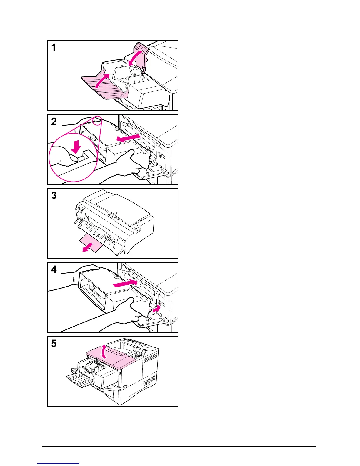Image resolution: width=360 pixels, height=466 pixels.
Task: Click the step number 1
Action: (54, 47)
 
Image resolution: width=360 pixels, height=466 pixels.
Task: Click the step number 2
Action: (54, 121)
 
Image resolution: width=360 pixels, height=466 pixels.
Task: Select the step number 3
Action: (54, 195)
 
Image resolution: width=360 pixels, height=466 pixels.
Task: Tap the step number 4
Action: (54, 269)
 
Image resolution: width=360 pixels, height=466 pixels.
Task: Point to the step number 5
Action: (54, 343)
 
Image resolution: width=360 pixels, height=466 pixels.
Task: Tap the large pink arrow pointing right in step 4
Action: (125, 283)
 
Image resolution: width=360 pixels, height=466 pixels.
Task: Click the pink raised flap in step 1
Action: (142, 54)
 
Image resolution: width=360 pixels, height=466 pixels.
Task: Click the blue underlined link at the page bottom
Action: (59, 463)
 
